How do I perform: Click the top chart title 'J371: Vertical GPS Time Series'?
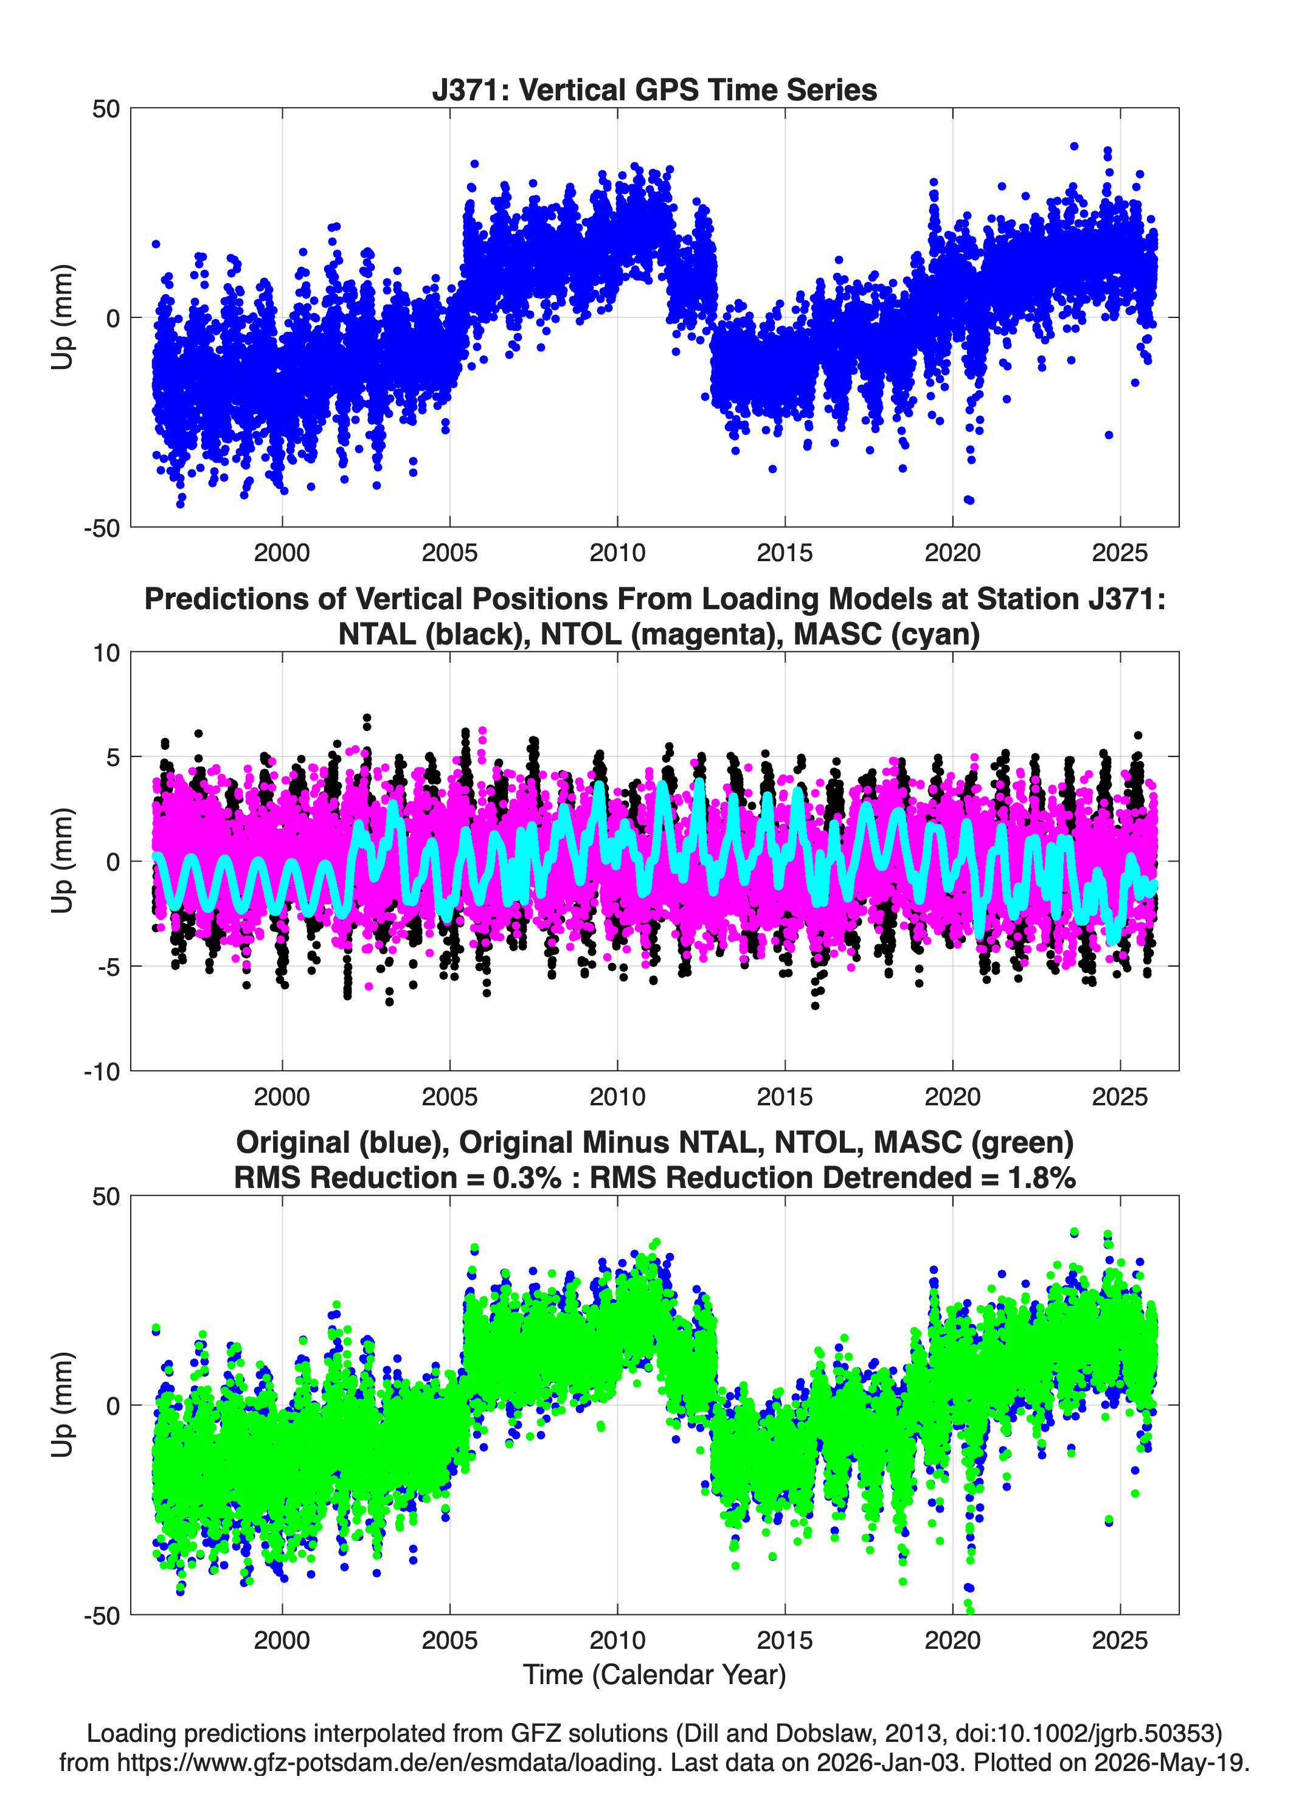coord(654,89)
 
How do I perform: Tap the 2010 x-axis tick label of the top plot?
coord(617,553)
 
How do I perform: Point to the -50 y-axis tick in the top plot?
coord(102,528)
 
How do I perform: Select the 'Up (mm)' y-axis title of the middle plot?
coord(63,861)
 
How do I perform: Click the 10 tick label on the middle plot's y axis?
coord(106,653)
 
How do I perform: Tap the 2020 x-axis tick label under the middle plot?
coord(952,1096)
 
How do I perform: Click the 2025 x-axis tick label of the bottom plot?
coord(1120,1640)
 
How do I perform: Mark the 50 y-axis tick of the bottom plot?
coord(106,1197)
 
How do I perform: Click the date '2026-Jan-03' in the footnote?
coord(888,1762)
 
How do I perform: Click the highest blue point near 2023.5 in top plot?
coord(1074,147)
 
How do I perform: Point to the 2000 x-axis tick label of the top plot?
coord(282,553)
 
